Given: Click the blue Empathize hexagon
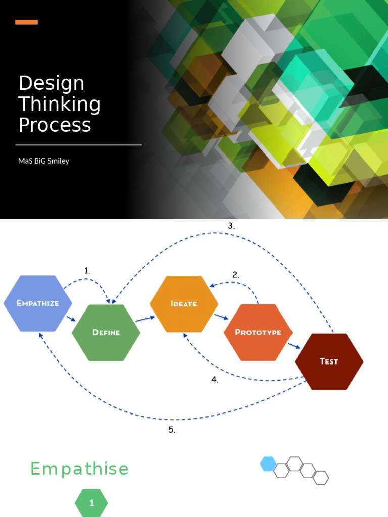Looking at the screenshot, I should coord(37,303).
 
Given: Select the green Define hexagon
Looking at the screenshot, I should coord(106,332).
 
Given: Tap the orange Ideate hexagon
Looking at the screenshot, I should coord(184,304).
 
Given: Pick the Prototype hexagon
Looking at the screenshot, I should coord(258,333).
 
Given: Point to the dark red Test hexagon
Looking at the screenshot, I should coord(329,361).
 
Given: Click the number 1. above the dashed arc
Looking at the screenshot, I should coord(87,271).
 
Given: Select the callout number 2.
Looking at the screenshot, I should coord(236,275).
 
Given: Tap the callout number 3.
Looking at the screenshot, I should coord(231,226).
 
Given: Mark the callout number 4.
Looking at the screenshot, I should coord(215,380).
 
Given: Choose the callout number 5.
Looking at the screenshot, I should coord(172,430).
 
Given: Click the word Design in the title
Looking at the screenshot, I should coord(51,83).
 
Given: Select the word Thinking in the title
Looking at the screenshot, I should coord(59,104).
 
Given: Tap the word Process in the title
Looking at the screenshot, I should coord(55,125).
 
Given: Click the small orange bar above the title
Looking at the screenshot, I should coord(26,22).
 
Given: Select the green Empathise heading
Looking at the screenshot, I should coord(79,469).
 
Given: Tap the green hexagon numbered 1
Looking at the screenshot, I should coord(91,503).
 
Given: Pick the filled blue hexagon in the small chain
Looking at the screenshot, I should coord(268,463).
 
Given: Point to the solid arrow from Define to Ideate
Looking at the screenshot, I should coord(145,318).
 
